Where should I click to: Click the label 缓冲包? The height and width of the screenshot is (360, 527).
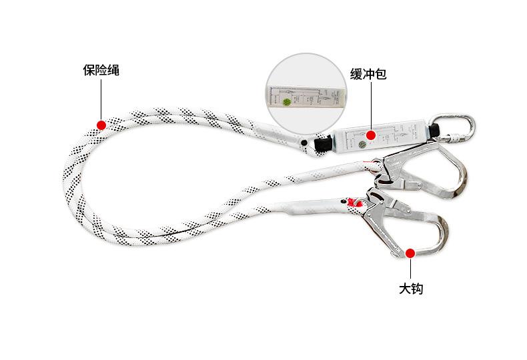coord(368,74)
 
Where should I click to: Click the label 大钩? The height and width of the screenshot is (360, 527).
coord(412,289)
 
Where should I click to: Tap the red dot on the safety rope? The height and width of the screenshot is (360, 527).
coord(101,124)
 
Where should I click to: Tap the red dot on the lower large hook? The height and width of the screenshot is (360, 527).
coord(412,252)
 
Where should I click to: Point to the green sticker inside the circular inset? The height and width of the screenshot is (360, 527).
coord(287,103)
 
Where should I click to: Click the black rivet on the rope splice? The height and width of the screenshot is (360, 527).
coord(304,143)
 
